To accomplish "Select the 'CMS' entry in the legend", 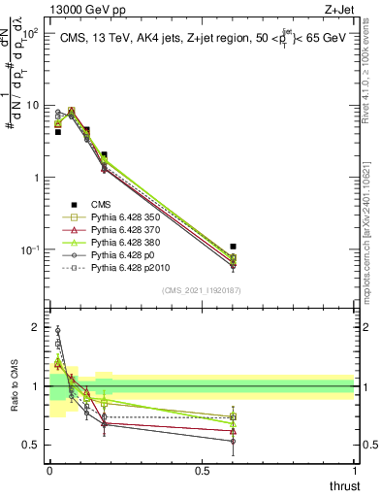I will point(103,204).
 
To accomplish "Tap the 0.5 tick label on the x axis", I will point(202,471).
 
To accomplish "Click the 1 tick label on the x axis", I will point(354,471).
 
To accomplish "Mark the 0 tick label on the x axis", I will point(49,471).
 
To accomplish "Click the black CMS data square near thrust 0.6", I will point(233,248).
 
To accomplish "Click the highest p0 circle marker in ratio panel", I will point(57,330).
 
